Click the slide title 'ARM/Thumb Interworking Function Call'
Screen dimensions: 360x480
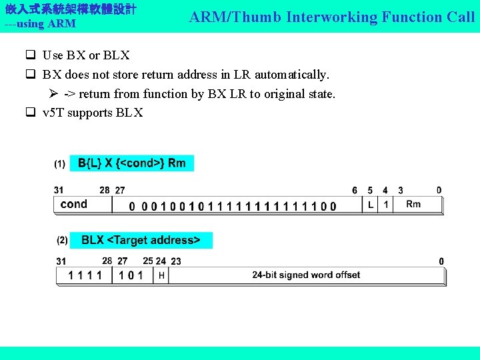click(x=331, y=17)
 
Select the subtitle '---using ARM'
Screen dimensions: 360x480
click(x=40, y=24)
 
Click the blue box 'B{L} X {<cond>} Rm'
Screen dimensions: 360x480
click(x=132, y=163)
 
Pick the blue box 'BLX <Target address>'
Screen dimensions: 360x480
click(x=141, y=240)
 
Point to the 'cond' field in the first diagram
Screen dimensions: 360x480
click(x=74, y=204)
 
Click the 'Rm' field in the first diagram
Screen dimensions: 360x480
click(x=413, y=204)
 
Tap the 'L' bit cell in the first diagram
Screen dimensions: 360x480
click(x=371, y=205)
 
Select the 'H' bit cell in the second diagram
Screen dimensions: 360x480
click(x=161, y=275)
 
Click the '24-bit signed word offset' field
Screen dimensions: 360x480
click(x=306, y=275)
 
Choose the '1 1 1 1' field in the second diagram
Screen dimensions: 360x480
click(x=85, y=275)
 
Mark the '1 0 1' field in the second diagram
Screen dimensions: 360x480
click(x=131, y=275)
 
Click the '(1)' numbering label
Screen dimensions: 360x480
click(x=60, y=163)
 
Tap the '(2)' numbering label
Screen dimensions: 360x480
click(x=62, y=240)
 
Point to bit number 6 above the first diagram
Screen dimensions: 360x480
click(x=355, y=191)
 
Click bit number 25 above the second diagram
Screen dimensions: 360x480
click(x=148, y=261)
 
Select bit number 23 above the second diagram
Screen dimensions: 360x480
click(x=176, y=261)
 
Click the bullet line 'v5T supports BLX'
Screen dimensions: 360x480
click(x=93, y=113)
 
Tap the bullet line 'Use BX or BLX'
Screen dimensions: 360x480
click(x=86, y=55)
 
